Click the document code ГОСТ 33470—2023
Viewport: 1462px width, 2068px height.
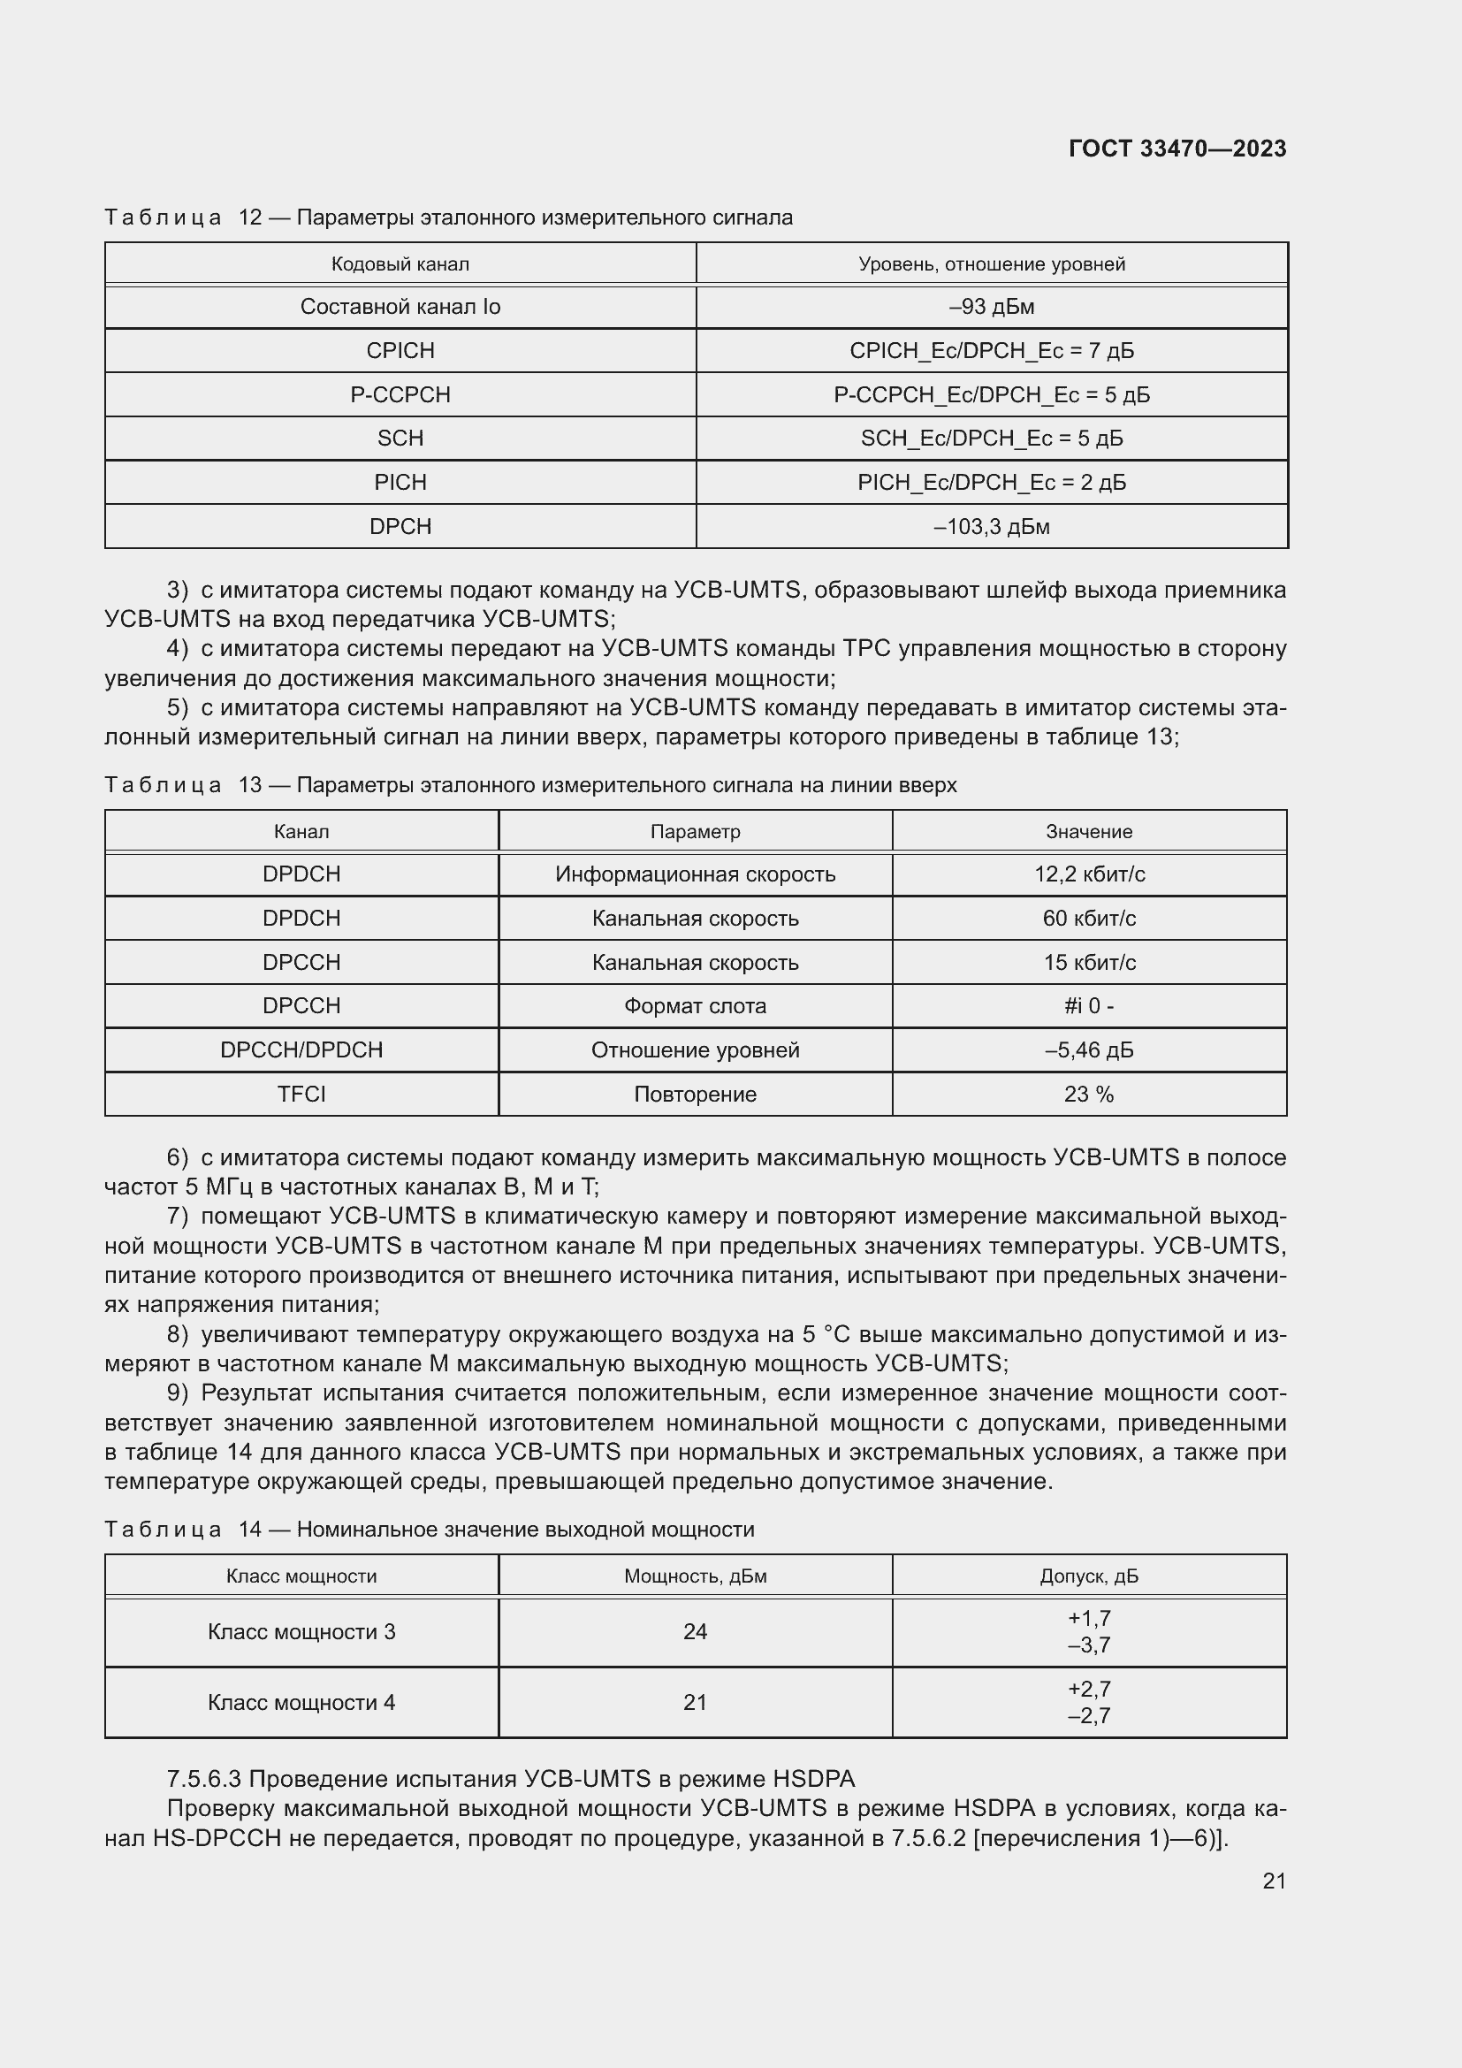(x=1176, y=149)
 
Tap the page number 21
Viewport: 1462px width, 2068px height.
(x=1274, y=1881)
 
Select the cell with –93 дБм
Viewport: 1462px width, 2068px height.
(x=991, y=307)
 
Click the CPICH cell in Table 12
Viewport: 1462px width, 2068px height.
(x=400, y=350)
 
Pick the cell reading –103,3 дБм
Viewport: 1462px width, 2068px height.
(x=991, y=527)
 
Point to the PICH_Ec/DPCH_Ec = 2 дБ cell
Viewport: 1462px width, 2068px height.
(x=991, y=483)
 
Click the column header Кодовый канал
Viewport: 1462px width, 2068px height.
(x=400, y=263)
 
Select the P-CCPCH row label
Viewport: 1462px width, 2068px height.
(x=400, y=394)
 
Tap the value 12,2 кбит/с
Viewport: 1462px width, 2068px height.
(x=1088, y=874)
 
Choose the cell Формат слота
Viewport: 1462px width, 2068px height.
(x=695, y=1006)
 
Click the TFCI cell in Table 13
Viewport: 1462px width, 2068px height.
(x=301, y=1095)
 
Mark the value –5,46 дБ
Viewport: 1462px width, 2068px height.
(x=1088, y=1050)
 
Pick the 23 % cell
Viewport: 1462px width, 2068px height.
(x=1088, y=1095)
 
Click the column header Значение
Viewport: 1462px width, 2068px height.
(x=1088, y=831)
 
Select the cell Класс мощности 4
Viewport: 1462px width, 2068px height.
(x=301, y=1702)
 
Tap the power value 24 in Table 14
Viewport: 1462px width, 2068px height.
(x=695, y=1631)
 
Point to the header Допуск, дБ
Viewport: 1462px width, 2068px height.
(x=1088, y=1576)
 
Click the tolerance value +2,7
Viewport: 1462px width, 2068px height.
(x=1088, y=1689)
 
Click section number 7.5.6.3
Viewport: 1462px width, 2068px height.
(x=203, y=1780)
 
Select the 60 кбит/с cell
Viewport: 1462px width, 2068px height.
(x=1088, y=919)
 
